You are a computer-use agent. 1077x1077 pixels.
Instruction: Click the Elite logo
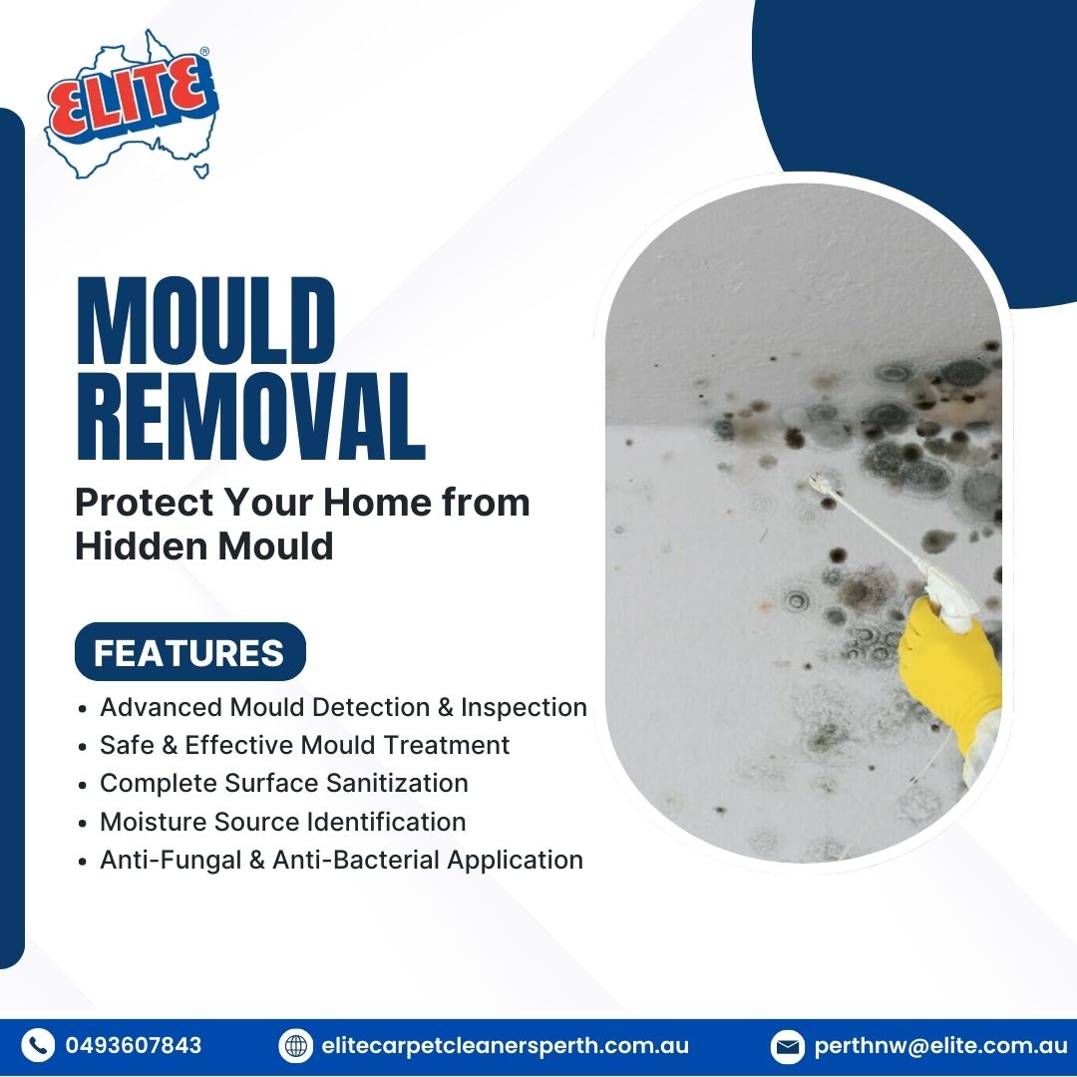130,106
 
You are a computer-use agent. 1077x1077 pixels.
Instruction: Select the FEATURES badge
189,653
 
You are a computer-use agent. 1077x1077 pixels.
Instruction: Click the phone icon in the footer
38,1046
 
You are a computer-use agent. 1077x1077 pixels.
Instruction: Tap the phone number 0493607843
134,1046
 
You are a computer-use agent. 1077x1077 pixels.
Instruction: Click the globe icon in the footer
296,1046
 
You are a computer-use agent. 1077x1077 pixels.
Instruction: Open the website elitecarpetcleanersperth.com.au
506,1046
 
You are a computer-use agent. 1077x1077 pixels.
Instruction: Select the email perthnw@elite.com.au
940,1046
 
